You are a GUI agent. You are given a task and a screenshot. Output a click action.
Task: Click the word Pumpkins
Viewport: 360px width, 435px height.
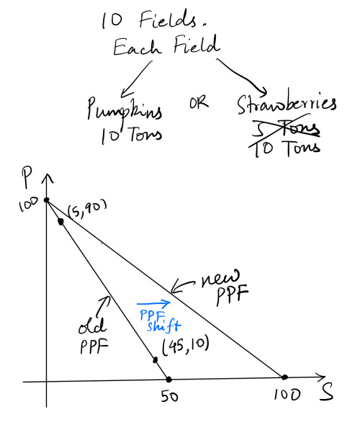tap(125, 109)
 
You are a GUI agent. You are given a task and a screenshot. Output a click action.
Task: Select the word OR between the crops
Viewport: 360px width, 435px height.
tap(199, 102)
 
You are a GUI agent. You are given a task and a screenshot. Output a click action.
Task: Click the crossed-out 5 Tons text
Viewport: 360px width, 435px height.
tap(286, 129)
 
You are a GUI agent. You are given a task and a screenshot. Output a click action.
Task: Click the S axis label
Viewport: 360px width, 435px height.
tap(326, 392)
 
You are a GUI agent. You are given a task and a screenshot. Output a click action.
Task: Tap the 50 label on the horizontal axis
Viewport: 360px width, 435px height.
tap(169, 397)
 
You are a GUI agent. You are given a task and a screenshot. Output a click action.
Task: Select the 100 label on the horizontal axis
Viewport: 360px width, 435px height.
tap(287, 394)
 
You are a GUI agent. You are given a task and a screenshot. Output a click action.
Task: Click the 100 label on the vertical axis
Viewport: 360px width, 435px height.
tap(28, 205)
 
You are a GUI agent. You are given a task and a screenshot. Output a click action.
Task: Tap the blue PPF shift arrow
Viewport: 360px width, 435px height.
tap(153, 303)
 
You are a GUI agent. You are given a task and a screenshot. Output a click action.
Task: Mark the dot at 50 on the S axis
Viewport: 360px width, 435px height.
tap(168, 379)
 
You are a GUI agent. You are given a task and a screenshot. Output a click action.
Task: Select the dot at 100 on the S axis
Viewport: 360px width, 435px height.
tap(284, 377)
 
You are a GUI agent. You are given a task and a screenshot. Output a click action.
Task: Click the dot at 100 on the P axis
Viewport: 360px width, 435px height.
tap(47, 199)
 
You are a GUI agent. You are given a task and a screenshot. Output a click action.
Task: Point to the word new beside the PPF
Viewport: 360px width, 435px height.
tap(220, 278)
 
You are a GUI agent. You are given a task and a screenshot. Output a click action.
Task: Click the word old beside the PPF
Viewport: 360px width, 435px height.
tap(92, 326)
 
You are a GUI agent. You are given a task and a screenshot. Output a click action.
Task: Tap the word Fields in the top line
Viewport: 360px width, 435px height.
tap(167, 20)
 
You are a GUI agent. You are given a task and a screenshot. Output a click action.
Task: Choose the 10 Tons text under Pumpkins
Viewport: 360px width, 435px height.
tap(131, 135)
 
